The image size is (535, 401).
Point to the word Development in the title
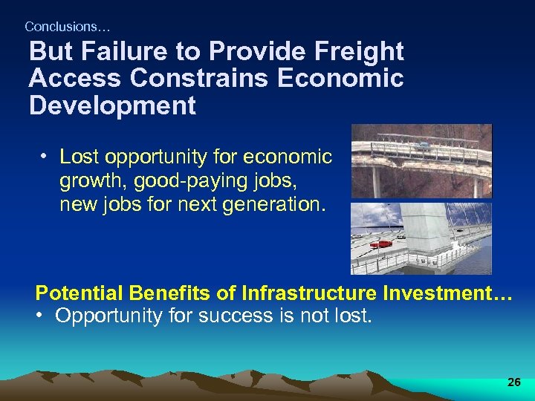(112, 105)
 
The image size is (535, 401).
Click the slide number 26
(513, 382)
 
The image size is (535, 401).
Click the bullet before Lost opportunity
(45, 157)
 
